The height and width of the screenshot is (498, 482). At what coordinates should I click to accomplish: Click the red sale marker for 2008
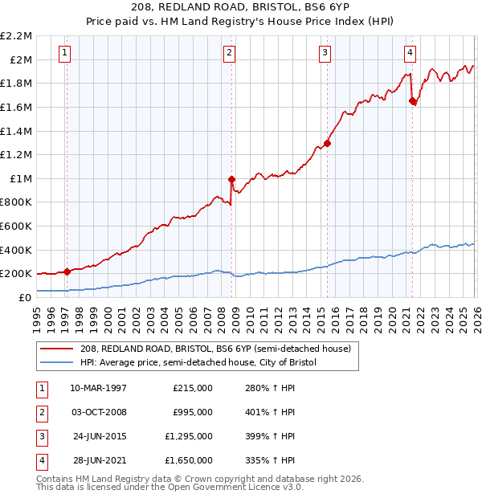[x=231, y=179]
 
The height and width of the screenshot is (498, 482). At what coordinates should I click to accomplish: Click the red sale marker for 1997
[x=67, y=271]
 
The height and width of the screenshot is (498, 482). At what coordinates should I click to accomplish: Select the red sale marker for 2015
[x=327, y=144]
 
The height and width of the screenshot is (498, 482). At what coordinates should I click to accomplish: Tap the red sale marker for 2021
[x=412, y=101]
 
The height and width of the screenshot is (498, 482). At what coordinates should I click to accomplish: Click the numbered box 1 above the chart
[x=64, y=54]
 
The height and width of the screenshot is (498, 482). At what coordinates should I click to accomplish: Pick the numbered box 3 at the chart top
[x=325, y=54]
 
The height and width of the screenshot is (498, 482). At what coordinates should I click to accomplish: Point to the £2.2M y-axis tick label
[x=16, y=36]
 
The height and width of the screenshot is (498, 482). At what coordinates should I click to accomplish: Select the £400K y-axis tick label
[x=17, y=250]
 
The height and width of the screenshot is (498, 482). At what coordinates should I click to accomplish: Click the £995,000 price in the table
[x=193, y=412]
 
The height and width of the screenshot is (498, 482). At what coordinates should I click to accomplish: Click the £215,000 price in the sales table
[x=193, y=388]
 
